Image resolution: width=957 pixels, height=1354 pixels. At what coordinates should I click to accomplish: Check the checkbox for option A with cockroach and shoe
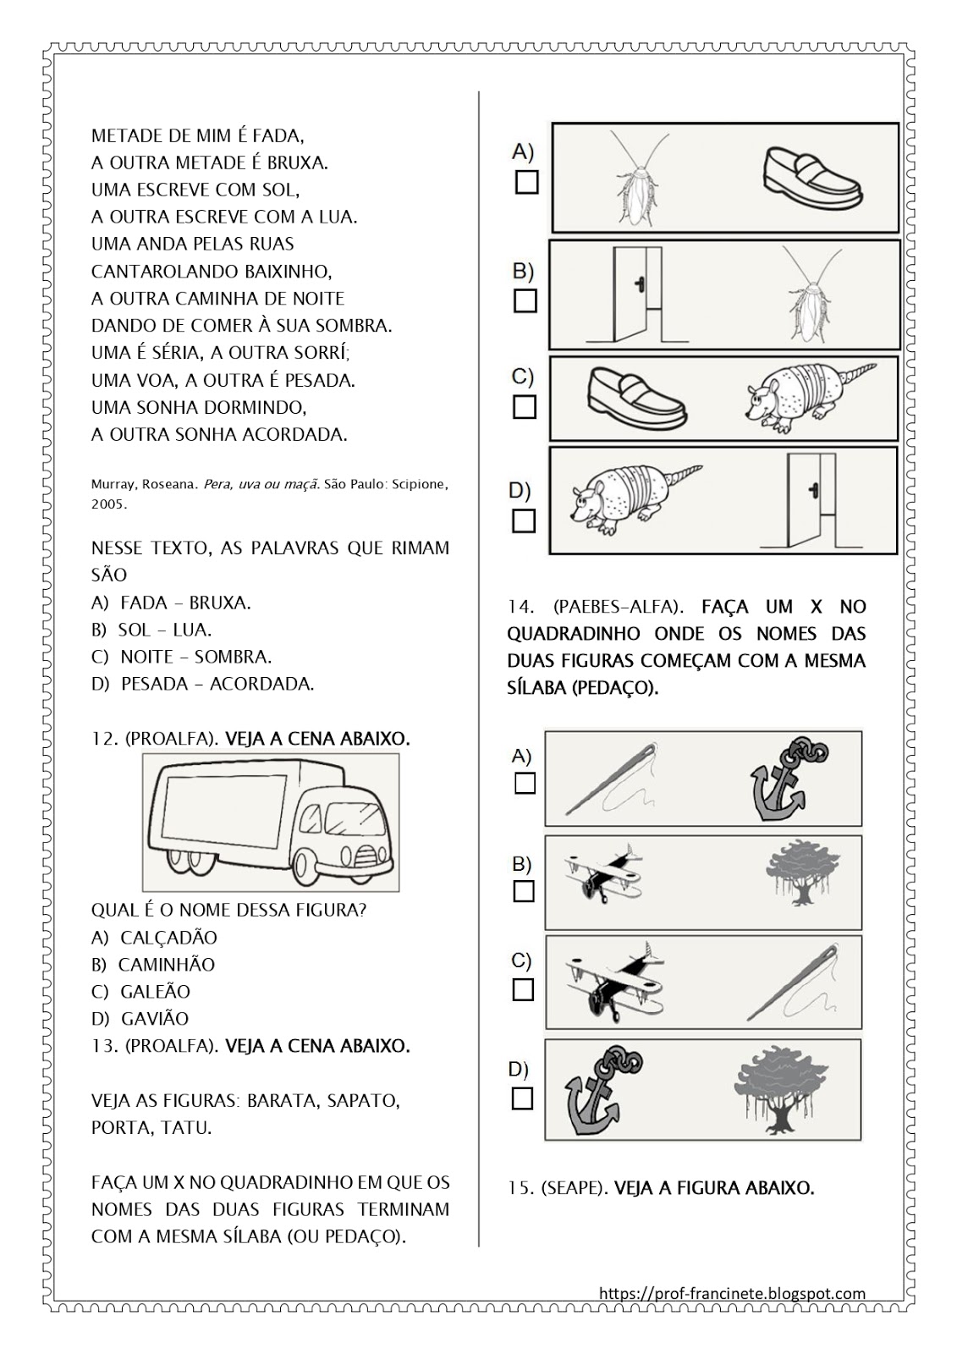click(526, 182)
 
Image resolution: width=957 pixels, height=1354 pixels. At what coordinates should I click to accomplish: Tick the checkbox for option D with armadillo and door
click(524, 520)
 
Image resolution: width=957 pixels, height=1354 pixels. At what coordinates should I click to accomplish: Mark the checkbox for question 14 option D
click(523, 1098)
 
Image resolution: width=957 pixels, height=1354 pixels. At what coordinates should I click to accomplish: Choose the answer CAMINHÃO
click(166, 965)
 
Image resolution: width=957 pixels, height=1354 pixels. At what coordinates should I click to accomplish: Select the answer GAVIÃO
click(154, 1019)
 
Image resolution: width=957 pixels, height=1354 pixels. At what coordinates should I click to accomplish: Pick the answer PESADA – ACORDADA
click(217, 684)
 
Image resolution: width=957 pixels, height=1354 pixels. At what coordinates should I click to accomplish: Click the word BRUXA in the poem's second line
click(296, 162)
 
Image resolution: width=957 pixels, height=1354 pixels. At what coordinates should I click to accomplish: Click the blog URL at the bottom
click(732, 1293)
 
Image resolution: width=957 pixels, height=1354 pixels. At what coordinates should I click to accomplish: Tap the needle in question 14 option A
click(609, 779)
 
